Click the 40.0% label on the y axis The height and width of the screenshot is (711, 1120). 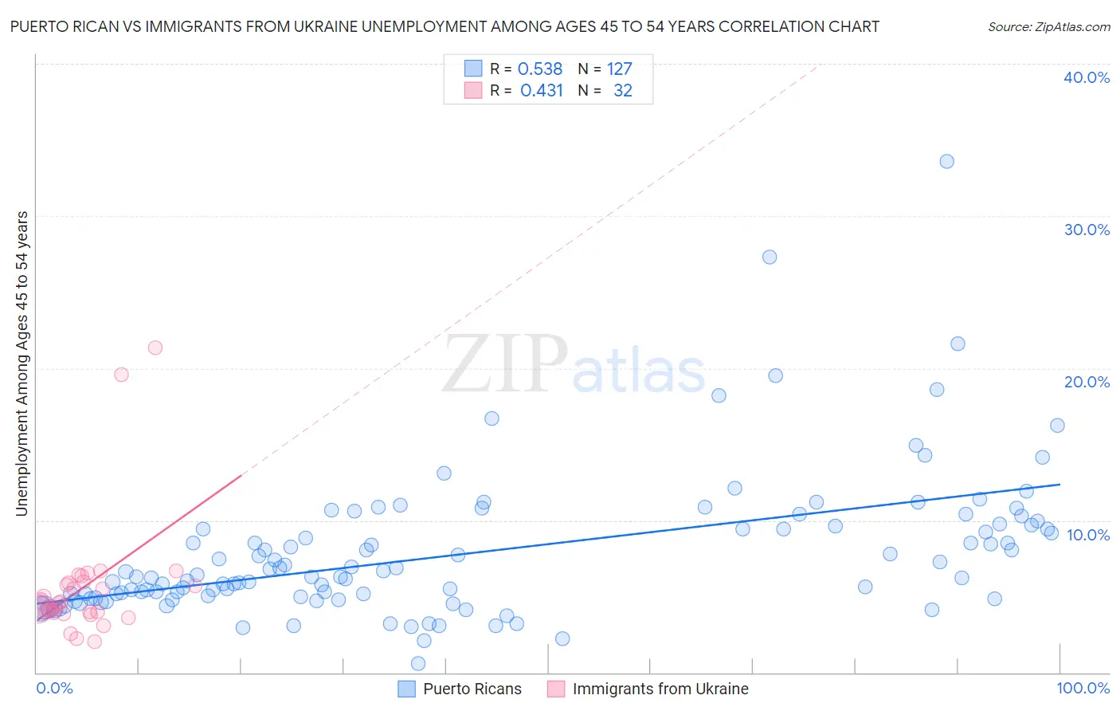tap(1087, 77)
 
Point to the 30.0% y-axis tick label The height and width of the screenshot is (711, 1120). tap(1087, 230)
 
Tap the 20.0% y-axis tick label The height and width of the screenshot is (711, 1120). tap(1087, 382)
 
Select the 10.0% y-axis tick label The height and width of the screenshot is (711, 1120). tap(1087, 535)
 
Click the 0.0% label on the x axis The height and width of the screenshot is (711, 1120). tap(54, 688)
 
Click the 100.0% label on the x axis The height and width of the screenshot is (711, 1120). tap(1083, 688)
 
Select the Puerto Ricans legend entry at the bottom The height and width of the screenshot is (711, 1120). tap(460, 689)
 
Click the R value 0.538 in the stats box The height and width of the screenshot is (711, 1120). tap(540, 69)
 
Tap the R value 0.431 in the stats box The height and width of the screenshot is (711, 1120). tap(542, 91)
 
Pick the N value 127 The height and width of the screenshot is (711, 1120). tap(619, 69)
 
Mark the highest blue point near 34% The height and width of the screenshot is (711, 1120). tap(946, 161)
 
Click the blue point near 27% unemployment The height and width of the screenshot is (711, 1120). tap(770, 257)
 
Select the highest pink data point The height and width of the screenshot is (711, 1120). tap(155, 348)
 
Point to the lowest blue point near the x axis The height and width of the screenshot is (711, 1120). tap(418, 663)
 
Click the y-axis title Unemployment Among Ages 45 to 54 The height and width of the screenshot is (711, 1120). tap(22, 363)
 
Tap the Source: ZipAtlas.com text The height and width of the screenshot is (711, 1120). tap(1048, 26)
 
